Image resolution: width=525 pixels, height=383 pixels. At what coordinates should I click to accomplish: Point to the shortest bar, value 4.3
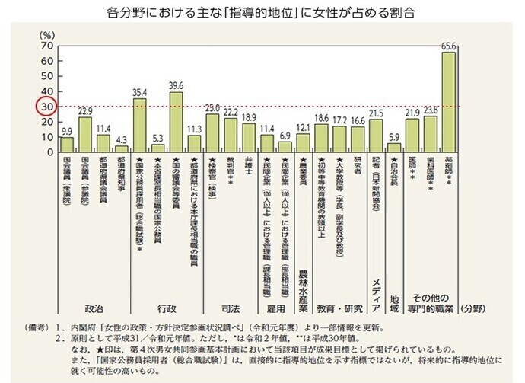click(122, 148)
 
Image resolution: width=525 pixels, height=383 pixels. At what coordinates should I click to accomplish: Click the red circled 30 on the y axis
click(47, 107)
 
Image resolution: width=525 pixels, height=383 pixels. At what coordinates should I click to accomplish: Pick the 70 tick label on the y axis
click(47, 46)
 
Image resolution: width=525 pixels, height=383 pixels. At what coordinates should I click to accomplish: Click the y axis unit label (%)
click(47, 35)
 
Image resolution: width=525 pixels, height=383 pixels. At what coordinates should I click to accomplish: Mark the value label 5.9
click(393, 137)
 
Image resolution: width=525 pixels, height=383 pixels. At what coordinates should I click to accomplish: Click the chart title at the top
click(262, 14)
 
